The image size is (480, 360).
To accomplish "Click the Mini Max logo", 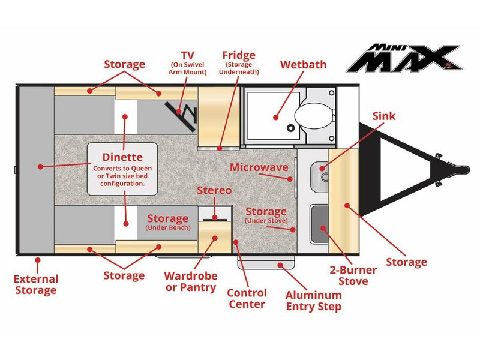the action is tap(403, 58).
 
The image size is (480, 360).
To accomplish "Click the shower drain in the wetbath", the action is tap(290, 127).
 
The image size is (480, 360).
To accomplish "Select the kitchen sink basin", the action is tap(319, 176).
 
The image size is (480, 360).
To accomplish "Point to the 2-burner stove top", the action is tap(319, 224).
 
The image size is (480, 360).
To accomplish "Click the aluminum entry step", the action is tap(266, 263).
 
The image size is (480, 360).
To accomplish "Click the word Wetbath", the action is tap(303, 65).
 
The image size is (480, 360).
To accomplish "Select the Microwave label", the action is tap(259, 167).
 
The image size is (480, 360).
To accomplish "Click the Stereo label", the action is tap(214, 190).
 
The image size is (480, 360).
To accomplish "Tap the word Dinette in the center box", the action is tap(122, 157).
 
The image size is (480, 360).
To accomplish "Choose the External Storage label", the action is tap(36, 284).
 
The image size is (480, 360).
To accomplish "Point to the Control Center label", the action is tap(247, 298).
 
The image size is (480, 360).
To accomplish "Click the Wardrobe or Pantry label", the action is tap(191, 281).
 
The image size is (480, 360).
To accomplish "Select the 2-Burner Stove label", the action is tap(353, 275).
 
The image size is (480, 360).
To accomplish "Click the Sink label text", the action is tap(384, 116).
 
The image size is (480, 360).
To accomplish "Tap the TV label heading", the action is tap(187, 55).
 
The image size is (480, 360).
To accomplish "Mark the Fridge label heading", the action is tap(239, 55).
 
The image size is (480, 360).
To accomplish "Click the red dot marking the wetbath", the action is tap(276, 117).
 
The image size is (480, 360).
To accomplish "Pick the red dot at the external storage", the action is tap(38, 260).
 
